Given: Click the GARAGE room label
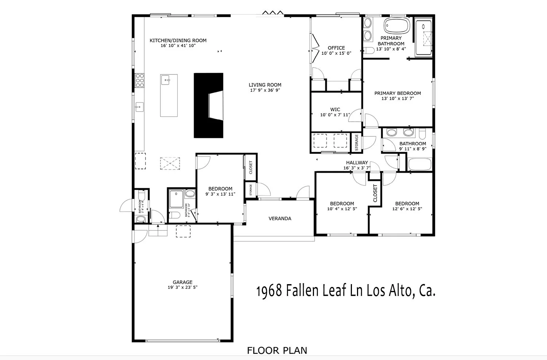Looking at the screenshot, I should point(182,282).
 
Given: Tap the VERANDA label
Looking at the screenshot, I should point(280,218).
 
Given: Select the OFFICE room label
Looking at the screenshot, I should point(336,48).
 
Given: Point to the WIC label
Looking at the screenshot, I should point(335,109).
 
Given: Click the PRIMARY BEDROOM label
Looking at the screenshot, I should point(397,93).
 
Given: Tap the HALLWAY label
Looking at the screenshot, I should point(357,163).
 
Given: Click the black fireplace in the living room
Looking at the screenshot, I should point(208,105).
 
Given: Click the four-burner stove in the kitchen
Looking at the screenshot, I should point(140,80).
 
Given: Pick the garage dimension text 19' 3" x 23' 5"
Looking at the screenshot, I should point(182,287).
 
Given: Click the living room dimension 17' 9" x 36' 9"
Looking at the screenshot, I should point(265,90).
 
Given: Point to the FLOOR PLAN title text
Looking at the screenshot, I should point(277,351).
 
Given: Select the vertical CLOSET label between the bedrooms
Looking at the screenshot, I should point(375,193).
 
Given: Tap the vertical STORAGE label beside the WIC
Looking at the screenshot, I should point(357,142).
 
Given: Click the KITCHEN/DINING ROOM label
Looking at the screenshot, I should point(178,40).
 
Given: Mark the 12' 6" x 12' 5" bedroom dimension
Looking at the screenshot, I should point(407,209).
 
